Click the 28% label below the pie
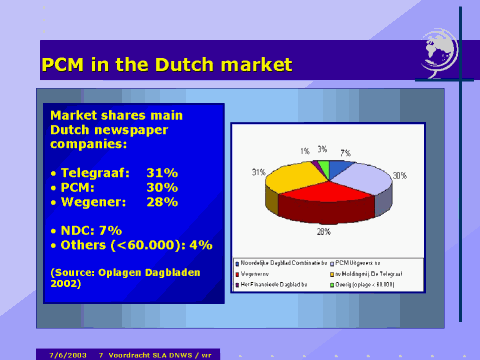(323, 231)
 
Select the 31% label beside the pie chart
(258, 172)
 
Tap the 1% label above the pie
(304, 151)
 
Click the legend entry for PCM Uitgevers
(361, 262)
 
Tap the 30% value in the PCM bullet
(162, 187)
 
